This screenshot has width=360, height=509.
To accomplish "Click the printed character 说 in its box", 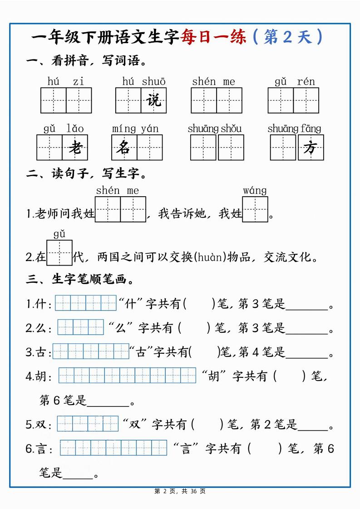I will click(x=154, y=100).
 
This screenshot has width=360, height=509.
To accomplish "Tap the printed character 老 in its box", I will click(x=75, y=148).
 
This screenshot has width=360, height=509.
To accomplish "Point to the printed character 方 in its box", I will click(x=311, y=148).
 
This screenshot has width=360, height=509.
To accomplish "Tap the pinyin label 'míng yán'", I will click(x=135, y=128).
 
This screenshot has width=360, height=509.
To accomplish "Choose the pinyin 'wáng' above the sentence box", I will click(x=255, y=190).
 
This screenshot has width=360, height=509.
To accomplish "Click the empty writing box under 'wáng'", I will click(x=255, y=209).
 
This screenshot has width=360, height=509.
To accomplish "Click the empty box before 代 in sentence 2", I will click(x=59, y=252).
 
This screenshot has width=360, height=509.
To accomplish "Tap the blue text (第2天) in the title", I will click(x=287, y=37).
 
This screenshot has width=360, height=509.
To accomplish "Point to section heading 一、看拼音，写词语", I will click(x=86, y=60).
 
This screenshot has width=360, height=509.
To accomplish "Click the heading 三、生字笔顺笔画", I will click(x=80, y=280).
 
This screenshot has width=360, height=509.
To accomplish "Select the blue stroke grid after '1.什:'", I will click(x=86, y=303).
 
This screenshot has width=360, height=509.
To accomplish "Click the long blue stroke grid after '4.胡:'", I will click(x=127, y=376).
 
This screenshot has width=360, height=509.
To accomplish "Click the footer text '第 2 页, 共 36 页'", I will click(x=180, y=491).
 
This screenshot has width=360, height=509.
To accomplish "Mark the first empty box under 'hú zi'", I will click(x=54, y=100).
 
